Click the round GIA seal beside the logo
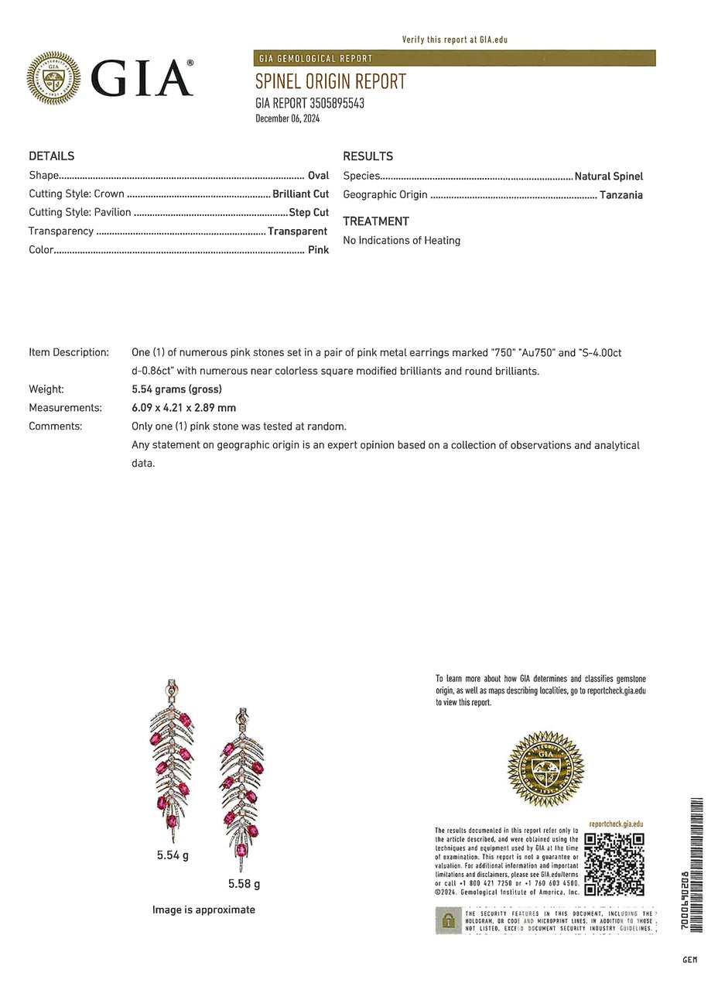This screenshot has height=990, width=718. [x=53, y=78]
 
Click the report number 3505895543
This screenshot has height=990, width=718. [x=337, y=103]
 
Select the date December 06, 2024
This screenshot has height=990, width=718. [x=287, y=118]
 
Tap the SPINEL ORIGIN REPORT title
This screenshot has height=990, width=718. [x=330, y=81]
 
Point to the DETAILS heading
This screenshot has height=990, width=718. [x=52, y=156]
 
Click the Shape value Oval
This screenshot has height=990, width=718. [x=318, y=176]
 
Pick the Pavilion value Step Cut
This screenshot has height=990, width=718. [x=309, y=213]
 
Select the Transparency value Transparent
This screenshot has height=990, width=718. [x=298, y=231]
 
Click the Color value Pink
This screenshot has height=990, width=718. [x=318, y=250]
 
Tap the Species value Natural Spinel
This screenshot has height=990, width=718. [x=608, y=176]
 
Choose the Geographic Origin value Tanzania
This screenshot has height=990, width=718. [x=621, y=195]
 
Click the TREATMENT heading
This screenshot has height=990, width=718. [x=376, y=221]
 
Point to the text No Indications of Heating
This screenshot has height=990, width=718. [x=402, y=241]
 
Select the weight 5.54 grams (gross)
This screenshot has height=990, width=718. [x=176, y=389]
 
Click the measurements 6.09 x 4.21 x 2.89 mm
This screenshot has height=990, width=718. [x=184, y=408]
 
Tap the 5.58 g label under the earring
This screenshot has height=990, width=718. [x=244, y=884]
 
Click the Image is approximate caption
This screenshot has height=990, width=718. [x=203, y=910]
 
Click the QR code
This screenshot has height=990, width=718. [x=614, y=864]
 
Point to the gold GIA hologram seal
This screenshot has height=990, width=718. [x=545, y=769]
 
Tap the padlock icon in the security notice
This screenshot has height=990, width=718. [x=448, y=921]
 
